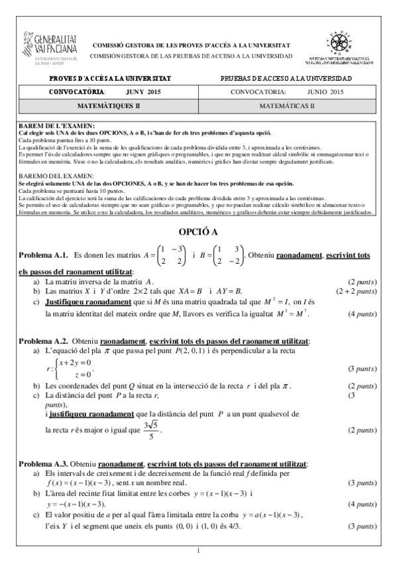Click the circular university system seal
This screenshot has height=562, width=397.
click(x=341, y=42)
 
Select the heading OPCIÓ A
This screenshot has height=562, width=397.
click(x=199, y=232)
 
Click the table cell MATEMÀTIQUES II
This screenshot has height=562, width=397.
click(x=109, y=105)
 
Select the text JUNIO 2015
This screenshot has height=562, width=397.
click(x=325, y=91)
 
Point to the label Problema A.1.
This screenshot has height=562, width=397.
click(x=44, y=255)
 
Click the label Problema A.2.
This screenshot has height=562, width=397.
click(x=44, y=341)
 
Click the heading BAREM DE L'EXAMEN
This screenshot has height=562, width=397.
click(x=56, y=125)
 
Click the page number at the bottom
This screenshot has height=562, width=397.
click(x=199, y=551)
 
